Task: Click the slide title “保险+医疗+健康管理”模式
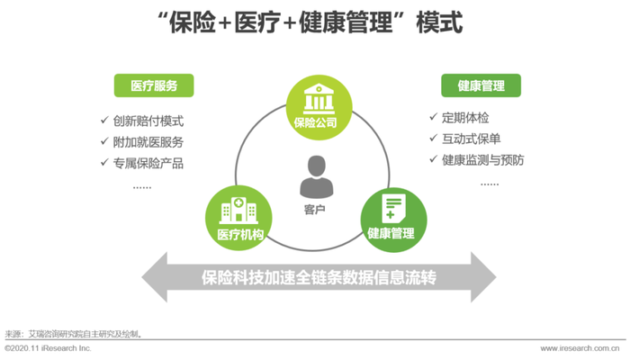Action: pyautogui.click(x=315, y=23)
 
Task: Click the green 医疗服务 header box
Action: pyautogui.click(x=154, y=86)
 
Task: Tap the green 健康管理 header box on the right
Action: pyautogui.click(x=481, y=86)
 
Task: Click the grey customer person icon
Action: pyautogui.click(x=315, y=177)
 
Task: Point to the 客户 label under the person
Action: pyautogui.click(x=315, y=209)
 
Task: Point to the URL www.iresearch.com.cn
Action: pyautogui.click(x=580, y=347)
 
